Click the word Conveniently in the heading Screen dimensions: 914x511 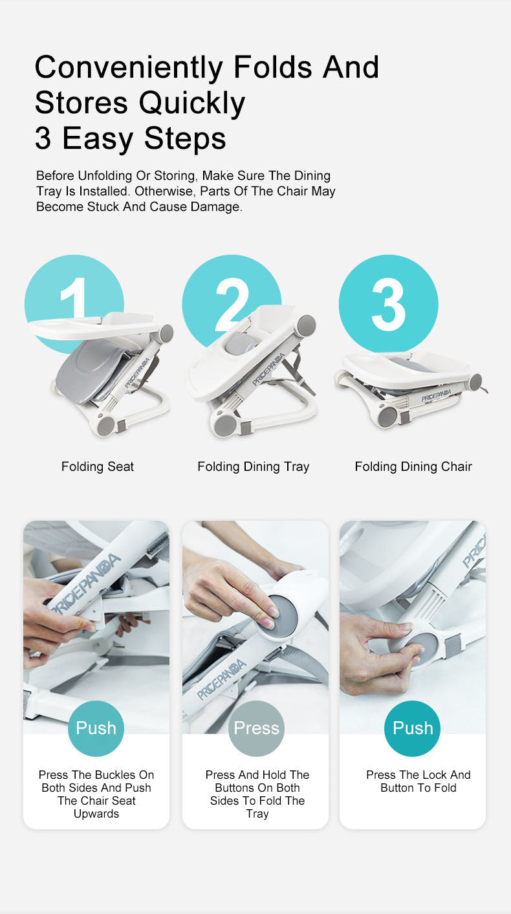(129, 68)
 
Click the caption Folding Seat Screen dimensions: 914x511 (98, 466)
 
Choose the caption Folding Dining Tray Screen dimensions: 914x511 (254, 466)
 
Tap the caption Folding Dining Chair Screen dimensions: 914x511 (413, 466)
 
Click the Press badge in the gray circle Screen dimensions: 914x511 (256, 728)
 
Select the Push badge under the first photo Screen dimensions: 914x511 (96, 728)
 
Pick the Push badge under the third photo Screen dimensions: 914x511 (413, 728)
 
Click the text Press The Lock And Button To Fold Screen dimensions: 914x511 (419, 781)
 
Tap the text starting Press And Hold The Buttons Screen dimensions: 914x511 (257, 794)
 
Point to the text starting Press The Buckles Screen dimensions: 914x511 (96, 794)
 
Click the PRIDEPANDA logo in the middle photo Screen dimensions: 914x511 (222, 679)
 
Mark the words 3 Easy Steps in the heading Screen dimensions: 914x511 (131, 138)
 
